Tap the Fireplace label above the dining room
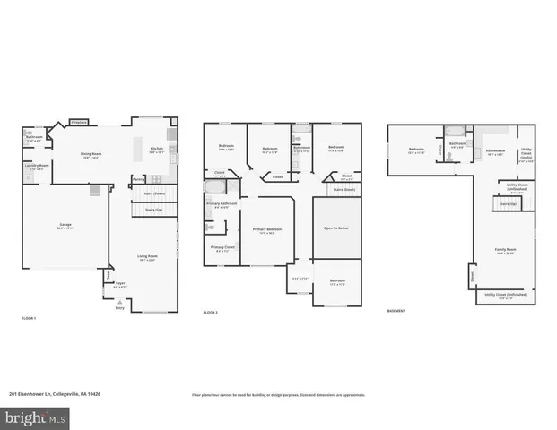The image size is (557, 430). click(79, 122)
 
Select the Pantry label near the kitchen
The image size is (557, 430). click(138, 179)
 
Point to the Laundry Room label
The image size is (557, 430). click(35, 166)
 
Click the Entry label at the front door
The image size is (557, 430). click(119, 306)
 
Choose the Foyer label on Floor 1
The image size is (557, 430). click(120, 286)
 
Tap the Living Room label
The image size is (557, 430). click(146, 258)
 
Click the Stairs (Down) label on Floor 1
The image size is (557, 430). click(154, 193)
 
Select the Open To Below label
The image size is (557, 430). click(335, 228)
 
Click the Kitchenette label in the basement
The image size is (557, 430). click(495, 151)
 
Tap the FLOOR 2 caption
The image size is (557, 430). click(211, 313)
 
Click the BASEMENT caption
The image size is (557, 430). click(396, 312)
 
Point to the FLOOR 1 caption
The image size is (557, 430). click(29, 318)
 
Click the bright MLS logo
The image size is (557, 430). click(35, 417)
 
